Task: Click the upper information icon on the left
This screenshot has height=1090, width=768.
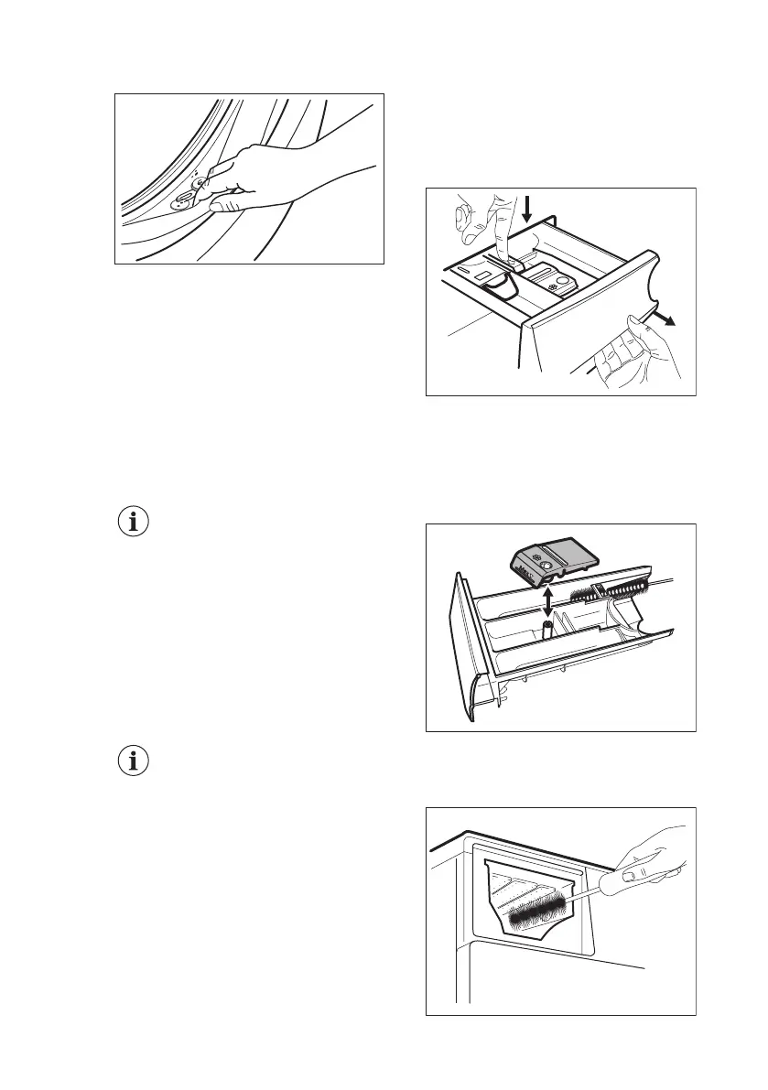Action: pos(135,523)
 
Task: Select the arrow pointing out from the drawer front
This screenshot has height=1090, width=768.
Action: pos(663,318)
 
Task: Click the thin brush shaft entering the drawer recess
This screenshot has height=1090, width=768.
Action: pos(590,890)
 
